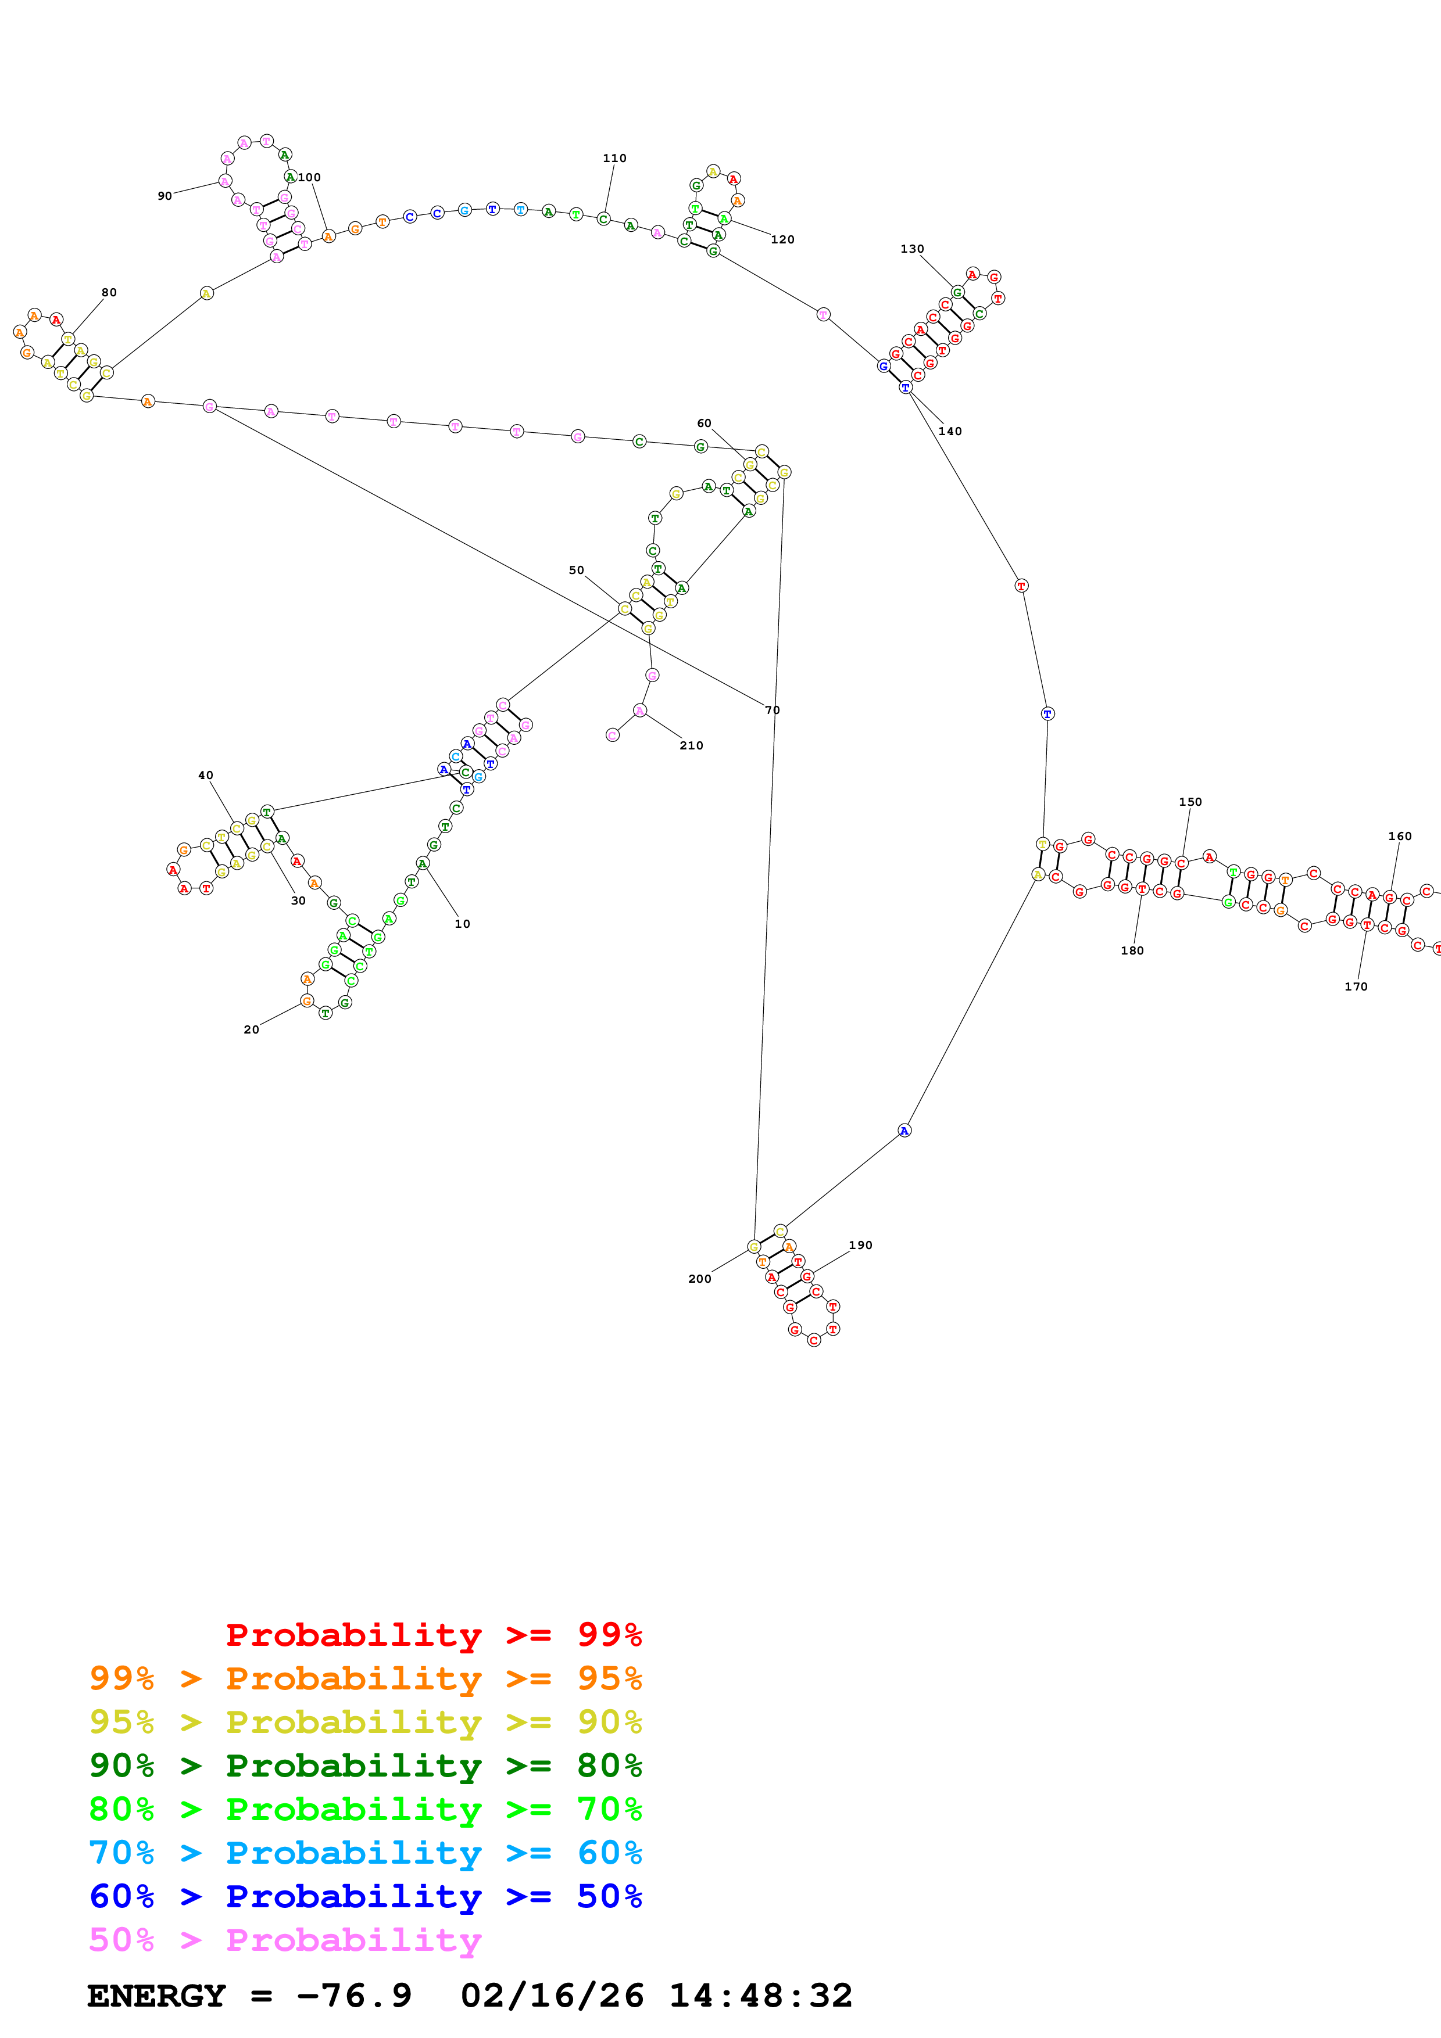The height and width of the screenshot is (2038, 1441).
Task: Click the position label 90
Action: [165, 196]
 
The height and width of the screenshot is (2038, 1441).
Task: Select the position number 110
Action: [614, 158]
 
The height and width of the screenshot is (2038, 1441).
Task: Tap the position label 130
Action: [912, 249]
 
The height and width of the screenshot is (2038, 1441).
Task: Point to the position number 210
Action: [691, 745]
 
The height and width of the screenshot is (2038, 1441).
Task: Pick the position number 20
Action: [251, 1029]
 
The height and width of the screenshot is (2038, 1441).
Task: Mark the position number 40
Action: [205, 775]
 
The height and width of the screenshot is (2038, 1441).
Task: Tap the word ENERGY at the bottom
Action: [156, 1996]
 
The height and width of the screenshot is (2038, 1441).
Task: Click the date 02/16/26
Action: [552, 1996]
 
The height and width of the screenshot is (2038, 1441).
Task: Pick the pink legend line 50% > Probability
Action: [285, 1940]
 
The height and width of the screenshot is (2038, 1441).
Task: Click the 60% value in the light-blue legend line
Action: [609, 1853]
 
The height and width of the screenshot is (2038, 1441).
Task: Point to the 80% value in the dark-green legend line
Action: [609, 1766]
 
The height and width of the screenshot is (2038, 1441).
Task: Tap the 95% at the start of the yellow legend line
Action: [121, 1722]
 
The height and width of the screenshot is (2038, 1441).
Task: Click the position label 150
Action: [1190, 802]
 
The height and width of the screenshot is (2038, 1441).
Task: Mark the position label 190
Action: [860, 1246]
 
